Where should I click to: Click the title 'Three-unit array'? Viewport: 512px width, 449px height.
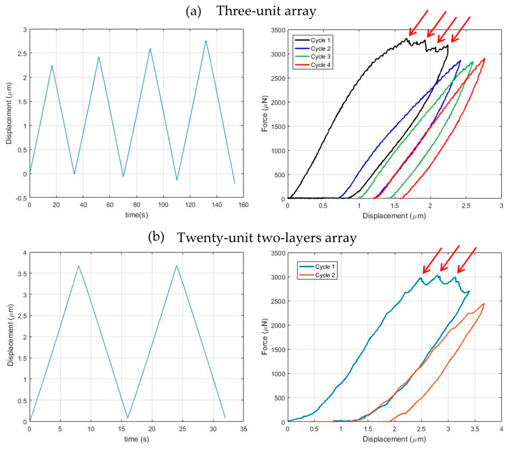[266, 11]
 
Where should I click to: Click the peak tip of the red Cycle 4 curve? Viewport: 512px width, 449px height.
[484, 59]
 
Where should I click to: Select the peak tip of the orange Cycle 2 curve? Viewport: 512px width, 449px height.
[484, 304]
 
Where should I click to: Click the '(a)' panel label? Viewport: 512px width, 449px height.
[193, 11]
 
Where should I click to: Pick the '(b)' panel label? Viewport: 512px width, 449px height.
[156, 237]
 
